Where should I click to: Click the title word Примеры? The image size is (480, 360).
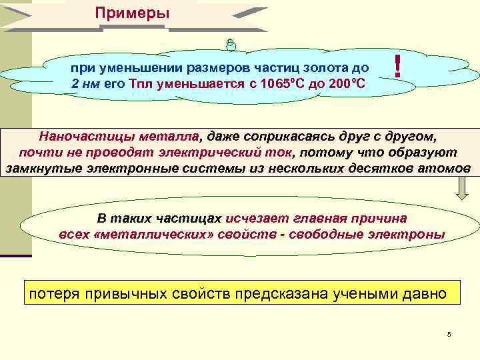[132, 13]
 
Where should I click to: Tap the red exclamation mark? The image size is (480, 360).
[397, 67]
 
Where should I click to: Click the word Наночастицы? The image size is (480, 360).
[78, 137]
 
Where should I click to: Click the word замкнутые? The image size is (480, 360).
[44, 167]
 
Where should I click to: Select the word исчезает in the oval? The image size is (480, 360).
[253, 219]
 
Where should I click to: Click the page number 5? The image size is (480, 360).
[449, 334]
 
